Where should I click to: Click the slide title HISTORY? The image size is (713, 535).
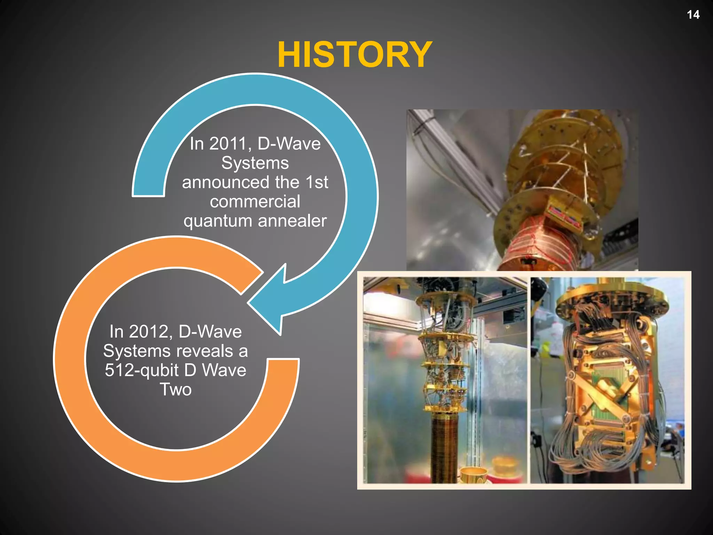[354, 55]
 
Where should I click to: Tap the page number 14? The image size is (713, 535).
[693, 15]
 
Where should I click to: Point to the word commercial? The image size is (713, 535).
[255, 202]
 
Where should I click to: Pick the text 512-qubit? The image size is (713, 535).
[142, 370]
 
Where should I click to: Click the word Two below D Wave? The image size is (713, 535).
[175, 389]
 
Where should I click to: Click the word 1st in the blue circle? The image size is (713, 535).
[317, 183]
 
